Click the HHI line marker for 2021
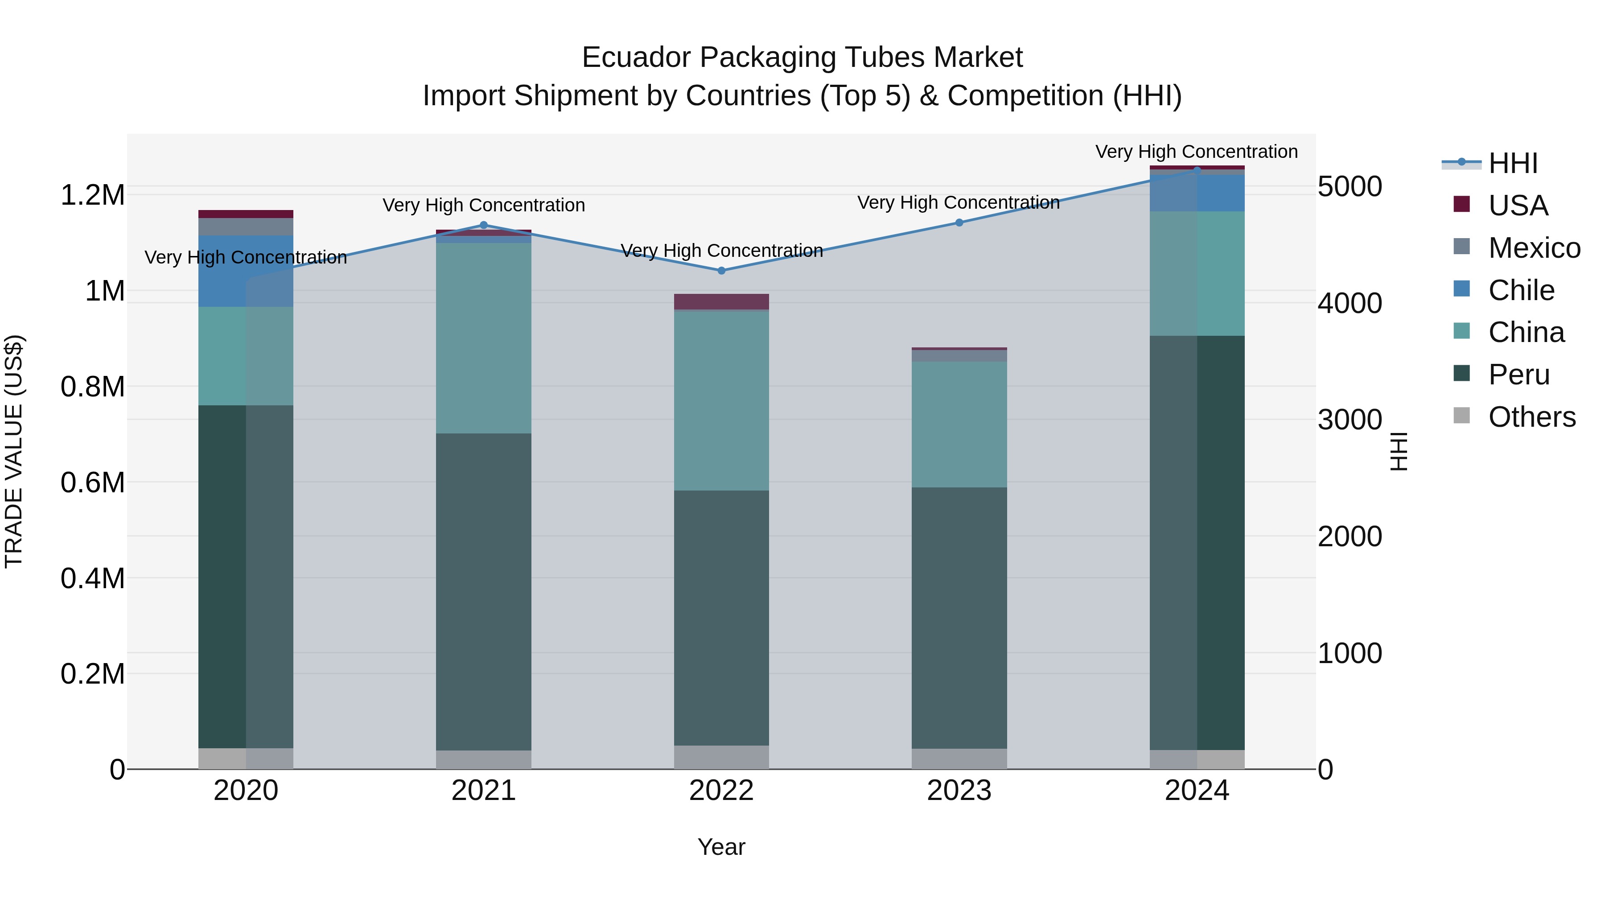tap(483, 226)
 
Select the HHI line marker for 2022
tap(721, 271)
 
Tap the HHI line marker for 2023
tap(959, 223)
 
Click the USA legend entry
tap(1518, 206)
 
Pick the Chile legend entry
tap(1521, 290)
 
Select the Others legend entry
tap(1531, 417)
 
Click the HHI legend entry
tap(1513, 163)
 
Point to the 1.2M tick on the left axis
tap(92, 195)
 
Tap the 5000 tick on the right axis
tap(1350, 186)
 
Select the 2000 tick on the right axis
tap(1350, 536)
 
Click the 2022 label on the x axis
tap(721, 791)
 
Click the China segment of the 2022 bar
tap(721, 400)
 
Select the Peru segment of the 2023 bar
tap(959, 617)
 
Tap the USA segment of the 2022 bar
tap(721, 301)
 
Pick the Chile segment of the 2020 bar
tap(246, 271)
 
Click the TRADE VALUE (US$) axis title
tap(14, 451)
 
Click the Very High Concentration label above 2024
tap(1196, 152)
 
